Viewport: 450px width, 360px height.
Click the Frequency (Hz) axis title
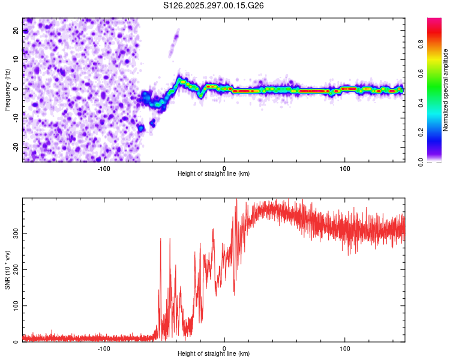[x=7, y=90]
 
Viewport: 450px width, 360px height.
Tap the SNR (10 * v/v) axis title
[x=7, y=271]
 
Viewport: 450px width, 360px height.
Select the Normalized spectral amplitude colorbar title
[x=446, y=90]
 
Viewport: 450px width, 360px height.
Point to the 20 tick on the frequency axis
[x=17, y=31]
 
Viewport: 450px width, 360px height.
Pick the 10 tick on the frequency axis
[x=17, y=60]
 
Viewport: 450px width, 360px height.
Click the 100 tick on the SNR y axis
[x=14, y=306]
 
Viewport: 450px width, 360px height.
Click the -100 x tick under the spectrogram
[x=104, y=168]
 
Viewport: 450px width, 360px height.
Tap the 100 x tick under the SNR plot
[x=345, y=348]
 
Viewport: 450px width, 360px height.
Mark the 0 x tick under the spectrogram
[x=224, y=168]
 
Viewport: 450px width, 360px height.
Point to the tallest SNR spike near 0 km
[x=236, y=200]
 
